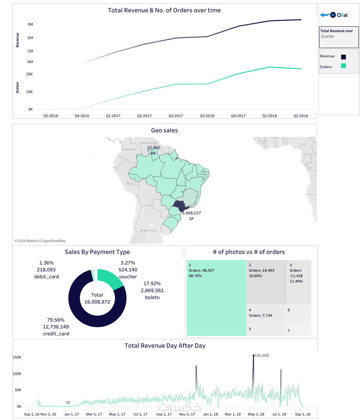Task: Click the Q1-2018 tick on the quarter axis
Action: (x=269, y=116)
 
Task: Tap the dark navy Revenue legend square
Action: (x=343, y=57)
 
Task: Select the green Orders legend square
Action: (x=343, y=66)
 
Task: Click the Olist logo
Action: (x=339, y=15)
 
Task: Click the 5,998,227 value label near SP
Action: (x=192, y=213)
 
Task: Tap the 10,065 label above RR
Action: (x=153, y=148)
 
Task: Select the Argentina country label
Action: (x=148, y=231)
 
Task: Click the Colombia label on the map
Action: (x=129, y=150)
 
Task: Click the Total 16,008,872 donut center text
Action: (x=97, y=298)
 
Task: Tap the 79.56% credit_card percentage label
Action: (x=56, y=320)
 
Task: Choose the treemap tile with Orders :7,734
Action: (x=265, y=314)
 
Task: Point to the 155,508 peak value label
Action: (x=262, y=355)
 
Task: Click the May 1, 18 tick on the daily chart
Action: (x=256, y=414)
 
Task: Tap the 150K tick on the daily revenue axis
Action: (x=17, y=357)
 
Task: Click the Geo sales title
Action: (x=164, y=131)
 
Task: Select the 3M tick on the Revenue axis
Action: (x=30, y=24)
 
